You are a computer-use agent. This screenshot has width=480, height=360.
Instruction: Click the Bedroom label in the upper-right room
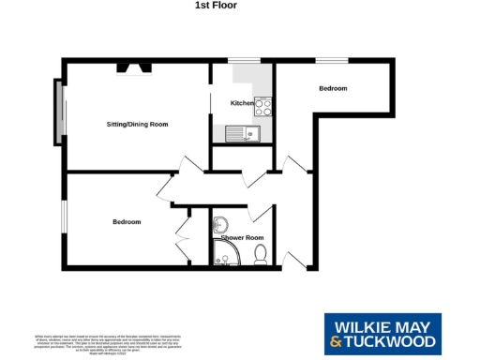pyautogui.click(x=333, y=88)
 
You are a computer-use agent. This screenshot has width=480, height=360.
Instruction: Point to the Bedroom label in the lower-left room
pyautogui.click(x=127, y=222)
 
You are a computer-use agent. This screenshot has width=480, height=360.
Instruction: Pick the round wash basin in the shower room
pyautogui.click(x=220, y=224)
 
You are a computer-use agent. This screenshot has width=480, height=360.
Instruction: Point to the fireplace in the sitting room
pyautogui.click(x=130, y=68)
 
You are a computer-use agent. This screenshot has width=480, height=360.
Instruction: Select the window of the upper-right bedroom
pyautogui.click(x=330, y=62)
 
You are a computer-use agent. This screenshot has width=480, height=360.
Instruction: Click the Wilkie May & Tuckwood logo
pyautogui.click(x=380, y=335)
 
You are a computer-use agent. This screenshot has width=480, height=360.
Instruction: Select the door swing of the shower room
pyautogui.click(x=261, y=215)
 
